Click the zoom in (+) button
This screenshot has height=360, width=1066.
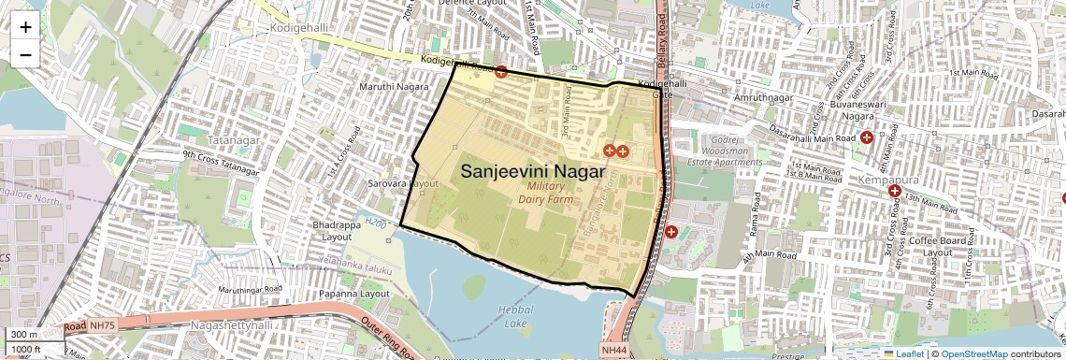[25, 27]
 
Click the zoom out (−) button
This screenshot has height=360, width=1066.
[25, 54]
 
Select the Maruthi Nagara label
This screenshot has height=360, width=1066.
[393, 87]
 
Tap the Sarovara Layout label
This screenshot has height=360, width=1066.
[403, 184]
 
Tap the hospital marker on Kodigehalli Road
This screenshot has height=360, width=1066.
[501, 71]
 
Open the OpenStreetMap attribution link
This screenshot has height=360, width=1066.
[973, 354]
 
